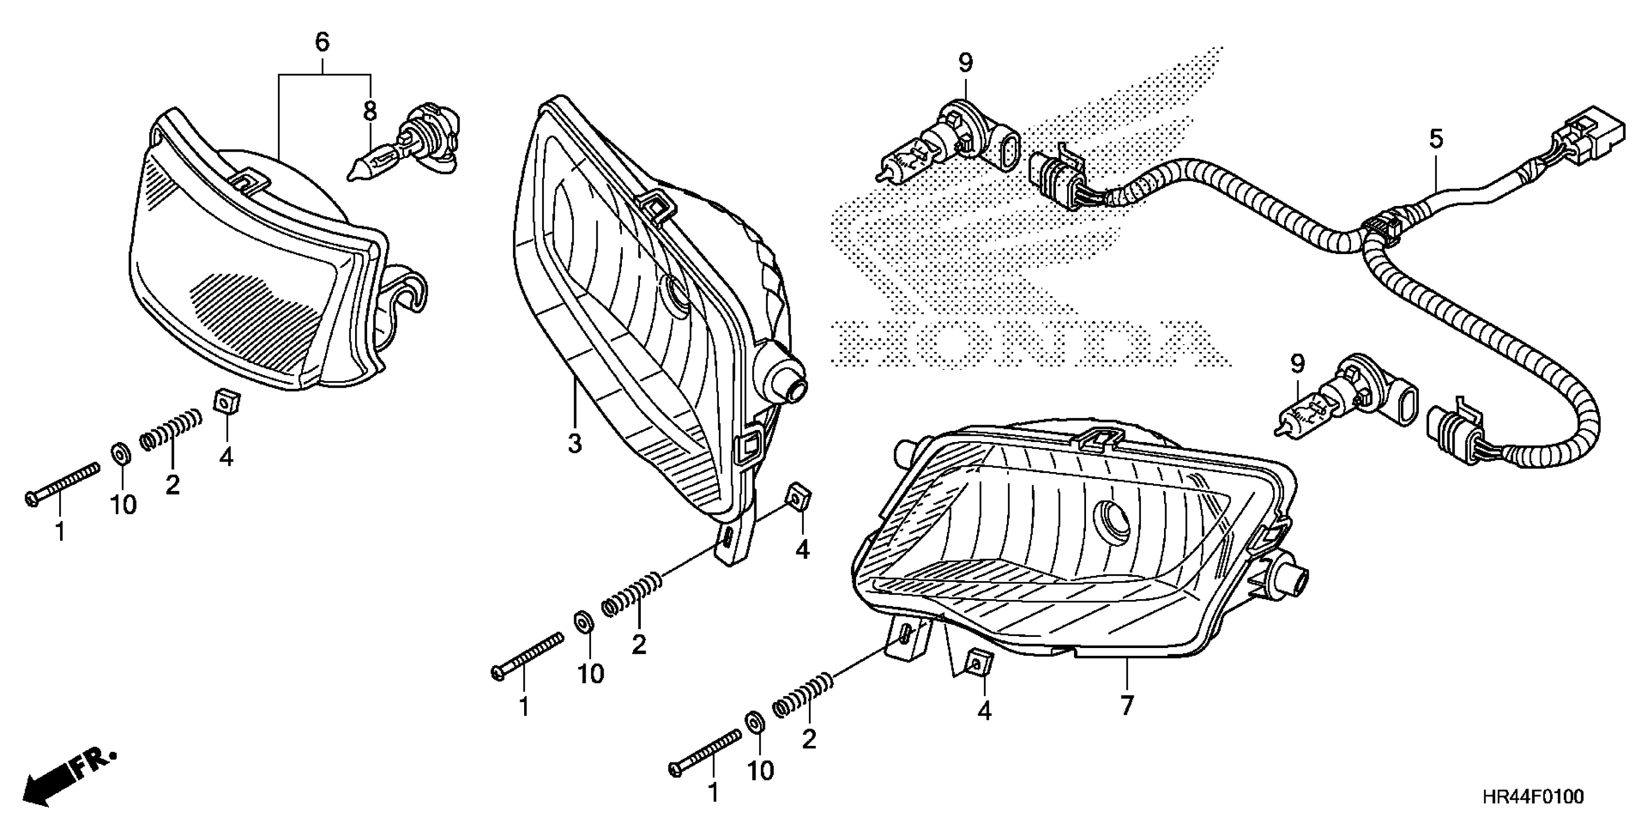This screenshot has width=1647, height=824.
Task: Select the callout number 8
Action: coord(370,112)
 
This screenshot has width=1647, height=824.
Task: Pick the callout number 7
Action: coord(1127,706)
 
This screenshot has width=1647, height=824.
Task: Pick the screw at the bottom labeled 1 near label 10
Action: coord(706,751)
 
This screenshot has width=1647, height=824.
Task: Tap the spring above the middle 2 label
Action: coord(632,594)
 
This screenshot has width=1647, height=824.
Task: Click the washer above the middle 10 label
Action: coord(582,622)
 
